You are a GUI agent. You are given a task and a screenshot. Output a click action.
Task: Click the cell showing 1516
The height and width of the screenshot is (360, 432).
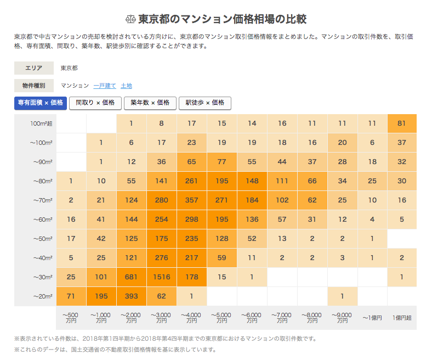click(162, 277)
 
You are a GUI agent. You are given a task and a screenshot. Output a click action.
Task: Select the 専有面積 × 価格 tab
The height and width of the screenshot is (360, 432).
click(41, 103)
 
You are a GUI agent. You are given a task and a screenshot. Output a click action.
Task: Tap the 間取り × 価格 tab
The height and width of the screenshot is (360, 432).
click(95, 103)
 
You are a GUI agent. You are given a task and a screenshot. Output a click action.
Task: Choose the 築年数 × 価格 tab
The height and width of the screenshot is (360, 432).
click(150, 103)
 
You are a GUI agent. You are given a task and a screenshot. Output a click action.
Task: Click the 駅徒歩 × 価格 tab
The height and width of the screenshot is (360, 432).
click(205, 103)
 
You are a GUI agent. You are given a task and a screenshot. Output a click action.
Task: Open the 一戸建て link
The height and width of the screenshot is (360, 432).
click(105, 86)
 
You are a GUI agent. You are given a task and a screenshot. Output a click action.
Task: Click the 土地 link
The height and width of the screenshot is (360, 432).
click(126, 86)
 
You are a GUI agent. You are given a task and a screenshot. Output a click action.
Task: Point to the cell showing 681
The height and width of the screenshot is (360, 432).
click(132, 277)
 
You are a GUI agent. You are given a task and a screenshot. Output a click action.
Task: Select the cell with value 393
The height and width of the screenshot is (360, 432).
click(132, 296)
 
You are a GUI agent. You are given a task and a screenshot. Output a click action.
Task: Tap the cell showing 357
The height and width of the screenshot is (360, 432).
click(192, 200)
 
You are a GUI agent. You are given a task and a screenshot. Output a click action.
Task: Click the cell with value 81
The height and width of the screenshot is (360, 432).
click(402, 123)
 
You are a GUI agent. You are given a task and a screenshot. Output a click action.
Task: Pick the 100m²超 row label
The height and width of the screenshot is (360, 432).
click(42, 123)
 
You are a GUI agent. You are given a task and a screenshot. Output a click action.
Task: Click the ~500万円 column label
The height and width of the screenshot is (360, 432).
click(71, 317)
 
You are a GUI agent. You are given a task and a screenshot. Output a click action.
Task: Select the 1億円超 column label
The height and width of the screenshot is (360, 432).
click(402, 317)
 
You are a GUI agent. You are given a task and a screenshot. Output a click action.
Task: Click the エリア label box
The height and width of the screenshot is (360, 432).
click(34, 68)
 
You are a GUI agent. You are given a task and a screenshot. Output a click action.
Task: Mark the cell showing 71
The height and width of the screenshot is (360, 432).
click(71, 296)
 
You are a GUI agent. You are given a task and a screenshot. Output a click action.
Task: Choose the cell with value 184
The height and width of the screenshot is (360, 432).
click(252, 200)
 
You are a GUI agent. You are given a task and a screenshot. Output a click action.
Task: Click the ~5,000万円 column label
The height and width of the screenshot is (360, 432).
click(222, 317)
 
